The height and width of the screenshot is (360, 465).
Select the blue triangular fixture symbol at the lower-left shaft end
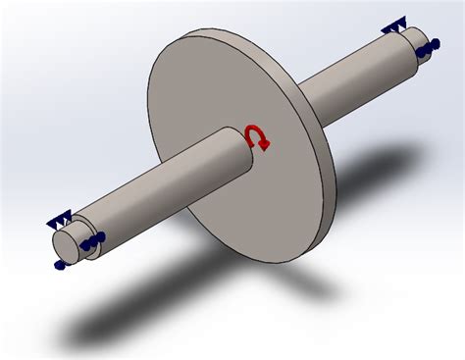click(x=62, y=224)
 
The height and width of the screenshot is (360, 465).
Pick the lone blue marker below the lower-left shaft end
click(x=60, y=264)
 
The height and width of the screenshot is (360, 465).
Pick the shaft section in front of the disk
click(x=157, y=191)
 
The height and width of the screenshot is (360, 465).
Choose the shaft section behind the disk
click(x=353, y=78)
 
